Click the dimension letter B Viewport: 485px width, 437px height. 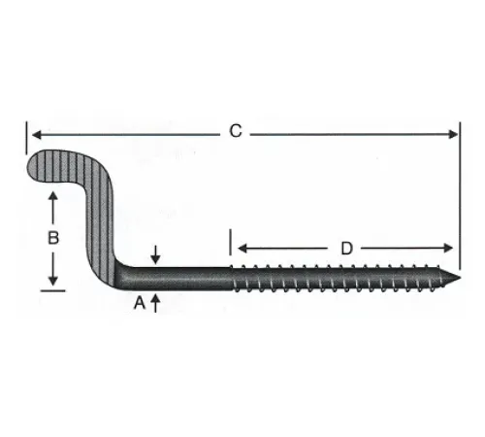54,236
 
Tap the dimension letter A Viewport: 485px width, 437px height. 139,303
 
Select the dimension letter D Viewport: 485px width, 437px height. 346,249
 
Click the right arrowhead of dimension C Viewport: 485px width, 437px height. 454,132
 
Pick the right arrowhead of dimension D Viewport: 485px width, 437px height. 450,250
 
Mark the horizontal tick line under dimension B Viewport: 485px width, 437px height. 54,287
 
